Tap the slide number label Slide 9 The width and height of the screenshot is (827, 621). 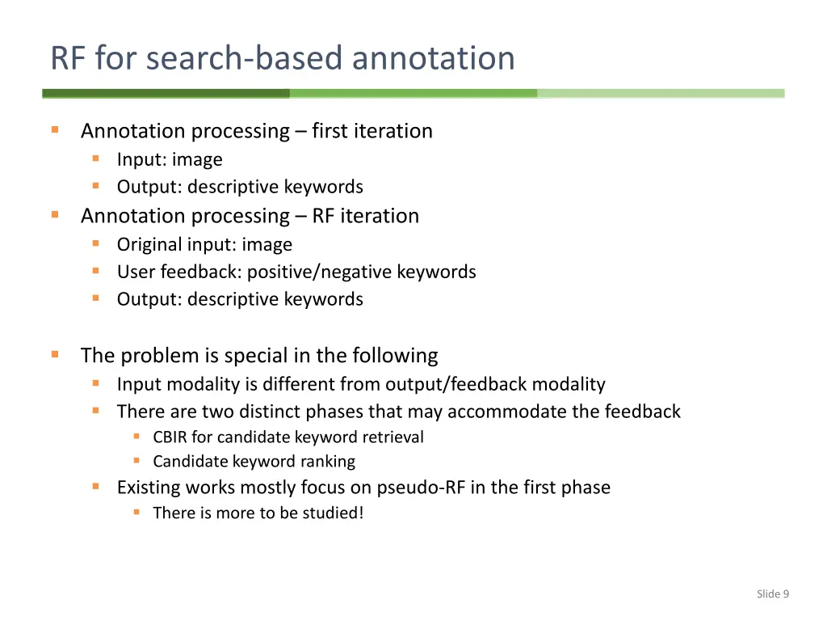click(x=772, y=594)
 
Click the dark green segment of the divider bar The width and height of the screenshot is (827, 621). click(x=166, y=94)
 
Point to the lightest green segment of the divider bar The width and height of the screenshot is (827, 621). click(x=661, y=94)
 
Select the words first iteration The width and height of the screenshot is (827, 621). click(x=372, y=131)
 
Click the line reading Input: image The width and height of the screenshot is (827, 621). click(x=170, y=160)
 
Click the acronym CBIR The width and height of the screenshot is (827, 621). click(x=170, y=437)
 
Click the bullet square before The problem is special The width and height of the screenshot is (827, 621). click(x=55, y=354)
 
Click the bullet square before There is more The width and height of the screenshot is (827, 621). click(x=136, y=513)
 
